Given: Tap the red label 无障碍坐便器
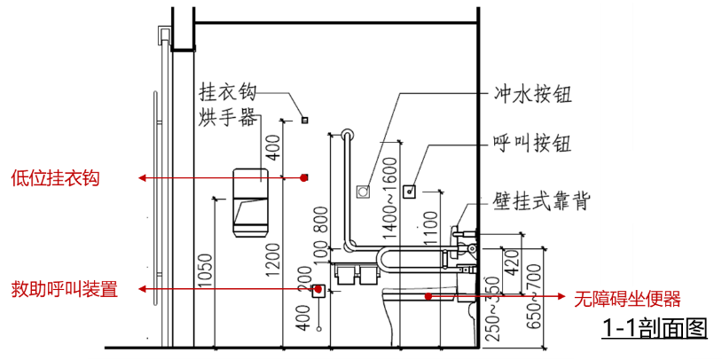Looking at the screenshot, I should click(627, 298).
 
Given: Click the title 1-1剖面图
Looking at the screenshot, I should click(654, 327).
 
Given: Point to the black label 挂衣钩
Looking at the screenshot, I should click(227, 92).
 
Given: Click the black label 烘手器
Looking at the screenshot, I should click(227, 116).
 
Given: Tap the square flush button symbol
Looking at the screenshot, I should click(363, 191).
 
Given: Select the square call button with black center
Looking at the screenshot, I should click(411, 190).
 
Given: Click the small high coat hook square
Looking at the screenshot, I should click(303, 119).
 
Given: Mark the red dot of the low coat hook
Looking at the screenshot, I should click(303, 177).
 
